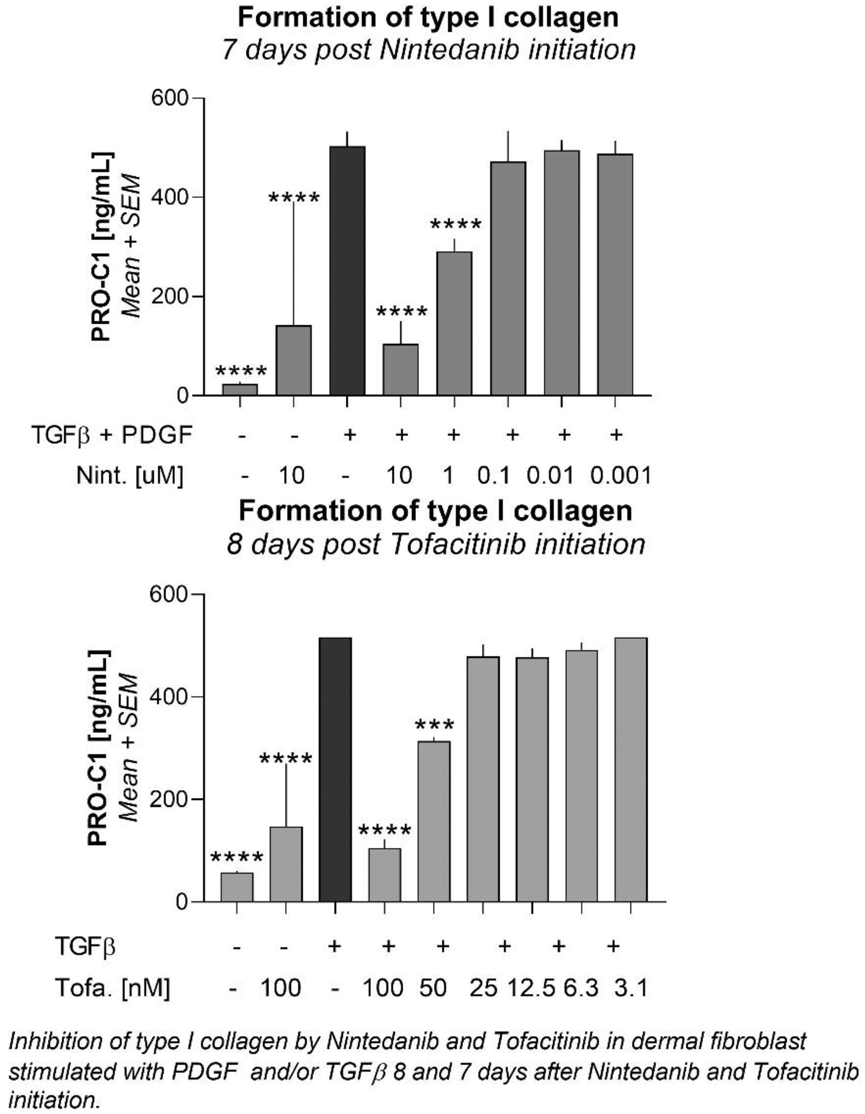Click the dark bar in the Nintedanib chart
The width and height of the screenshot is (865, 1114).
(347, 271)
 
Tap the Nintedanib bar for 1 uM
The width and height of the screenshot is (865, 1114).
(454, 324)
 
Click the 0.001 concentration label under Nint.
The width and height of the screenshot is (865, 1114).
(621, 475)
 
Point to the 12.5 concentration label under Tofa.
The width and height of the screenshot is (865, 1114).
(531, 988)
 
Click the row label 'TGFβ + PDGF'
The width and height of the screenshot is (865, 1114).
(112, 435)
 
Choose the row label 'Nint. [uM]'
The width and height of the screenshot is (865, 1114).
(129, 475)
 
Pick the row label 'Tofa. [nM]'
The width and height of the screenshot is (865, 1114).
(112, 988)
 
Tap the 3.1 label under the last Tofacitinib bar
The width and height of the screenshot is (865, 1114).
(631, 988)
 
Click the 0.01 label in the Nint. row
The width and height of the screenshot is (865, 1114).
(550, 475)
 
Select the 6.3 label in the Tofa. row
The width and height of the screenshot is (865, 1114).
(581, 988)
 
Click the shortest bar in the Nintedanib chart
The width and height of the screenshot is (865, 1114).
(240, 389)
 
